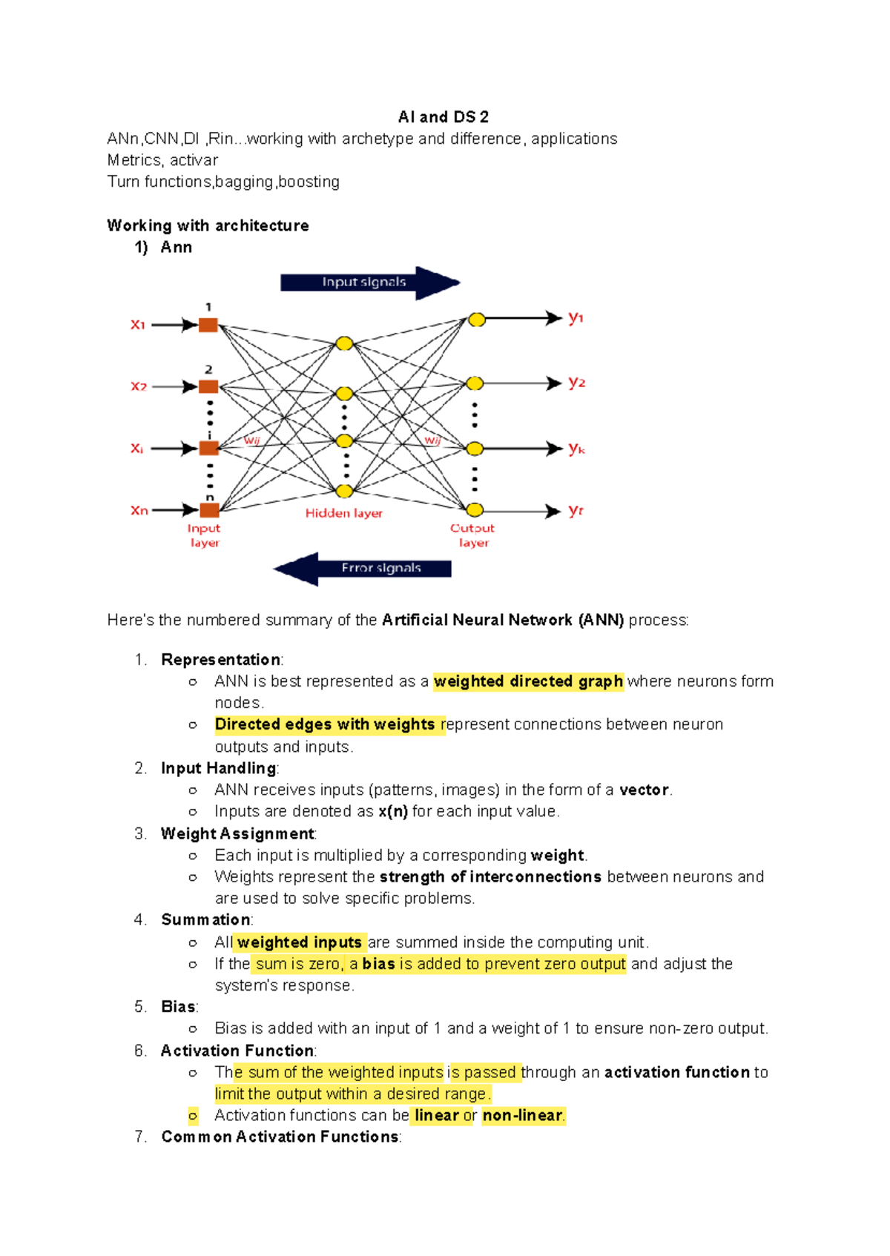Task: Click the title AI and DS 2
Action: click(443, 117)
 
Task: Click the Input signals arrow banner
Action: click(364, 282)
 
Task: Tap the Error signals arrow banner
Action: click(380, 569)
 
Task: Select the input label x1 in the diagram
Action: click(138, 325)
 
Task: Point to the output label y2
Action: click(576, 383)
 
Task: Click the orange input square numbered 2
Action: click(208, 386)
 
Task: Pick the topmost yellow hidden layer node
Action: click(344, 343)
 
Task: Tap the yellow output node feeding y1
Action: click(477, 320)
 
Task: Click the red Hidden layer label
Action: click(344, 513)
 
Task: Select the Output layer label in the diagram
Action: click(472, 535)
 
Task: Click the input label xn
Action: click(139, 510)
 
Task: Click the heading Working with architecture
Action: click(208, 225)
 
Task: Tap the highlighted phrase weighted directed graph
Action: click(528, 681)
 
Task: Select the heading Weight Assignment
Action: click(237, 833)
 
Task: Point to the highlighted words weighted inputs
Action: click(300, 942)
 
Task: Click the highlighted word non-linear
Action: click(523, 1115)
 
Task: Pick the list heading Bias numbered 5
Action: click(179, 1007)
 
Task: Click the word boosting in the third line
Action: click(309, 182)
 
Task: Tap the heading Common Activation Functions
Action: click(280, 1137)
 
